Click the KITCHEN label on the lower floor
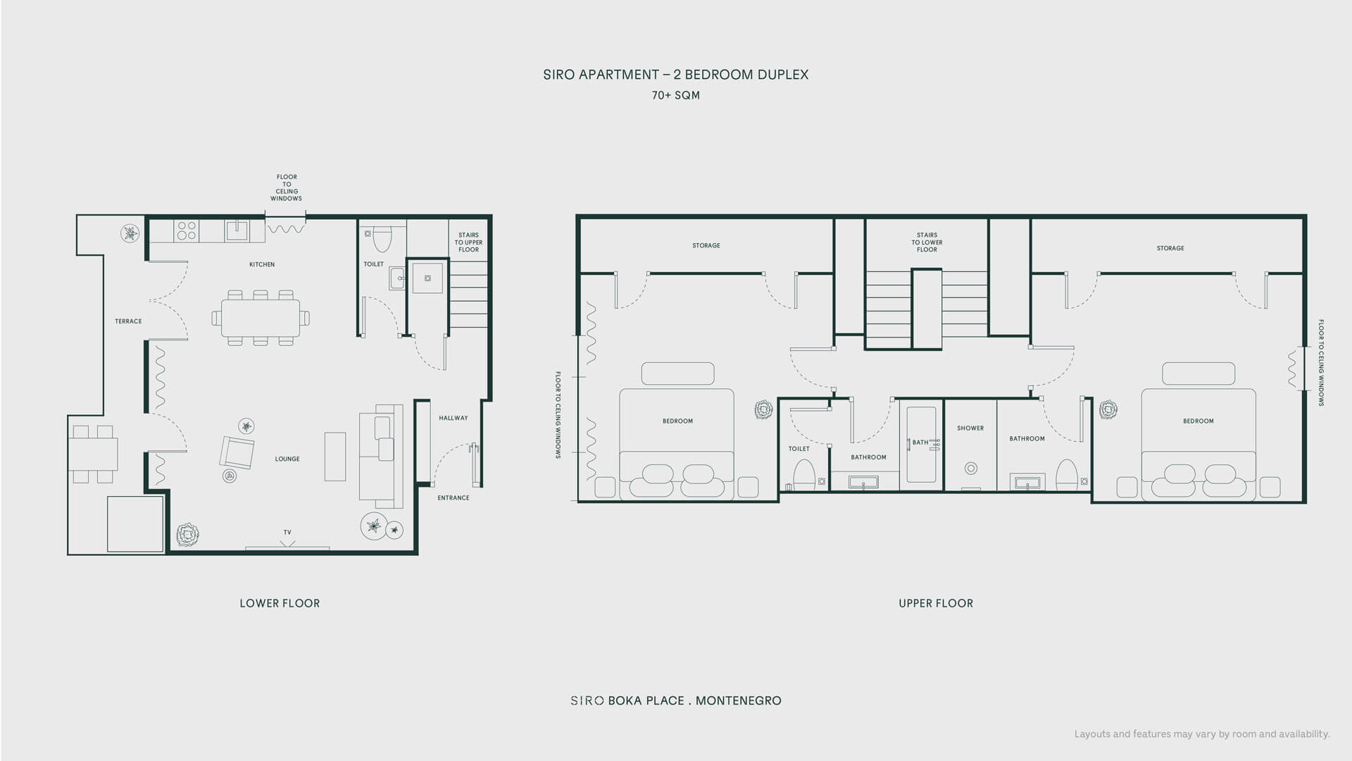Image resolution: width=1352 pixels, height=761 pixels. (x=262, y=264)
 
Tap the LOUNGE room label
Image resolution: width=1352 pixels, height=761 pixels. (x=287, y=459)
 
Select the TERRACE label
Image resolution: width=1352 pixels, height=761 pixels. (x=128, y=321)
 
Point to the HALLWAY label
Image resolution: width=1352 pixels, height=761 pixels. (x=453, y=418)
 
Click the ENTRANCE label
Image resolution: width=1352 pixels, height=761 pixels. (x=453, y=497)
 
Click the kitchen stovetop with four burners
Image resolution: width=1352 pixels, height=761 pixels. (x=187, y=231)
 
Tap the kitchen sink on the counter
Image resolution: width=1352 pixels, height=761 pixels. (x=237, y=230)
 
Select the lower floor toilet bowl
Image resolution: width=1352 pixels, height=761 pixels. (x=382, y=239)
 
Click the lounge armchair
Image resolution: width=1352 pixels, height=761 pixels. (x=237, y=452)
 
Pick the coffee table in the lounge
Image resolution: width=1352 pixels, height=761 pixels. (x=335, y=457)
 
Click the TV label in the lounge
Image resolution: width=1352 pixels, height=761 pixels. (x=287, y=532)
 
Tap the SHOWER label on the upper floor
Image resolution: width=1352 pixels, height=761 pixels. (x=970, y=428)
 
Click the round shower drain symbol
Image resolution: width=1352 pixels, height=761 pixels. (x=971, y=468)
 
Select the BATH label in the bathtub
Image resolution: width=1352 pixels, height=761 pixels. (x=920, y=443)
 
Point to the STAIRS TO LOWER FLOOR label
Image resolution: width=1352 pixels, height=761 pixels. (x=927, y=242)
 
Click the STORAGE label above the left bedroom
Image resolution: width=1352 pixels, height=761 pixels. (x=706, y=245)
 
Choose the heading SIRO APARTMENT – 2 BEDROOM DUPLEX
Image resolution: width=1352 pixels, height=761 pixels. (x=676, y=75)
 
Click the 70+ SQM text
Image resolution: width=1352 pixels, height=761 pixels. (x=676, y=95)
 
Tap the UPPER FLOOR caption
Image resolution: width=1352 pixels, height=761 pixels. (x=936, y=603)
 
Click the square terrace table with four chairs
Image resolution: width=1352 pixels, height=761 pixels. (x=93, y=454)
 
